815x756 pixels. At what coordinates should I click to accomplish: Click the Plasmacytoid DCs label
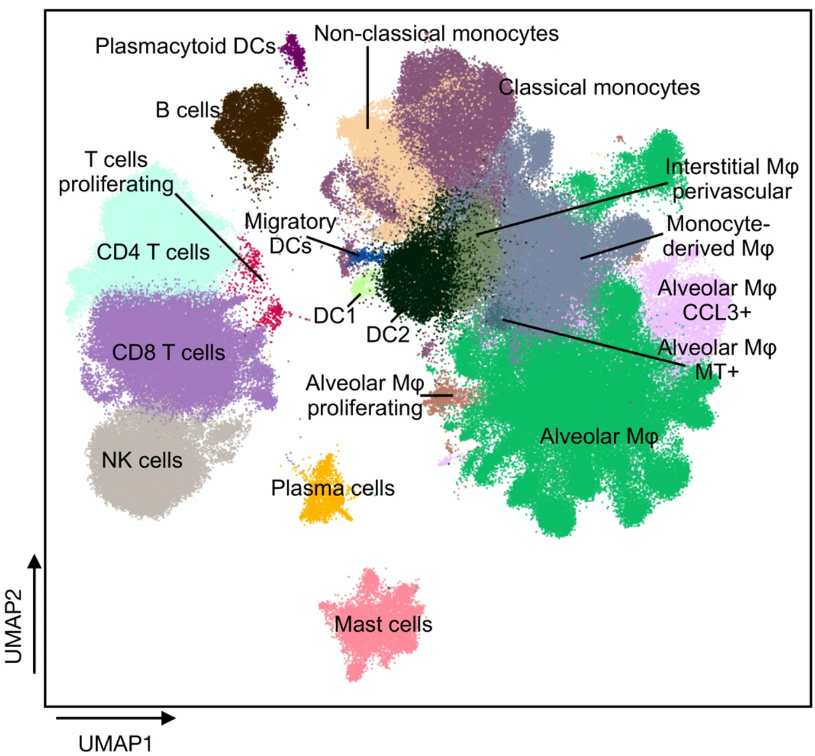point(185,46)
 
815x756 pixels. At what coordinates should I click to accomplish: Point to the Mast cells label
point(383,625)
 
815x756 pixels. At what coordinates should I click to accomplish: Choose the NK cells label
point(142,460)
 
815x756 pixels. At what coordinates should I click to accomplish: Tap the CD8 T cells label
point(169,353)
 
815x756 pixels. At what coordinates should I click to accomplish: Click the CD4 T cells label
point(153,252)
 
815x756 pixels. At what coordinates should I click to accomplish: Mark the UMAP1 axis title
point(115,743)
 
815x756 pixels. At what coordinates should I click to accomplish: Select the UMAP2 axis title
point(14,626)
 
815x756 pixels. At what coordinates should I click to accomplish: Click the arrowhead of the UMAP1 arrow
point(169,718)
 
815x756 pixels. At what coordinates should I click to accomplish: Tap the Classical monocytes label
point(599,88)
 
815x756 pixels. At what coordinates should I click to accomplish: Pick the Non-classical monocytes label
point(436,34)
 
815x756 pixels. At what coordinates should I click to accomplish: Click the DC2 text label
point(387,334)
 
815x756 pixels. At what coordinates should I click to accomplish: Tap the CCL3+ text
point(716,313)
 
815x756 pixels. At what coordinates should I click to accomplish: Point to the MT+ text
point(716,371)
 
